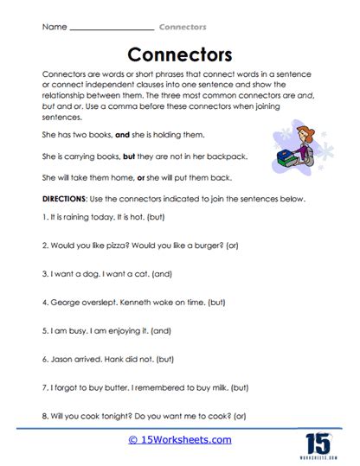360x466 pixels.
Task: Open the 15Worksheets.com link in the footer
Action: tap(178, 441)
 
